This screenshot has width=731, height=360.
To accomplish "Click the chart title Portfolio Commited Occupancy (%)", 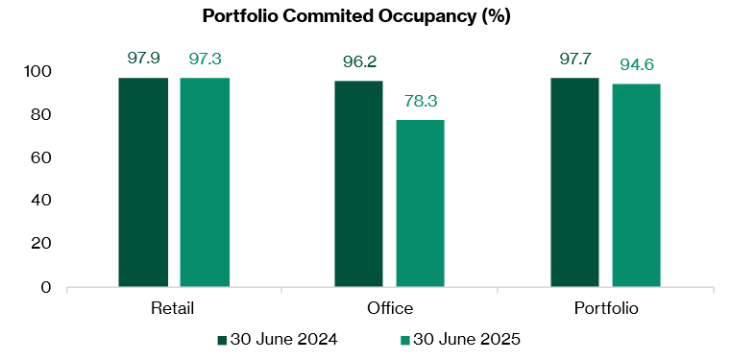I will click(365, 16).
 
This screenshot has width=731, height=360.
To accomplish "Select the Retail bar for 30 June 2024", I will click(143, 182).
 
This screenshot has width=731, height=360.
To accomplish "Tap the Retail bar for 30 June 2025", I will click(204, 182).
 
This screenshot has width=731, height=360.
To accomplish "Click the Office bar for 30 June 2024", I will click(359, 184).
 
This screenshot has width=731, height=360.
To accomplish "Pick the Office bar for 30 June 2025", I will click(420, 204).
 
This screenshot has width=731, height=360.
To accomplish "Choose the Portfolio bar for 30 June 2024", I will click(574, 182).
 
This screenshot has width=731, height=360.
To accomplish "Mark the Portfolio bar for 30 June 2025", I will click(636, 185).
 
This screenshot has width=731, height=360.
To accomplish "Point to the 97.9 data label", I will click(144, 59).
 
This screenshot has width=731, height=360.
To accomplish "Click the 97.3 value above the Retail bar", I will click(205, 60).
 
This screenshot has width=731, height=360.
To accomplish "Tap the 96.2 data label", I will click(359, 62).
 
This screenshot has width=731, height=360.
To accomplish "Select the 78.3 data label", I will click(421, 101).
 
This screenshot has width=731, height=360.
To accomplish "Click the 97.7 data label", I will click(575, 60).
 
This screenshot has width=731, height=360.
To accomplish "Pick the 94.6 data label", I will click(637, 65).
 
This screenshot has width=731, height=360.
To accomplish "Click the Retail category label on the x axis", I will click(173, 308).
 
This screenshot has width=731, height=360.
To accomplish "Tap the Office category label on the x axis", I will click(389, 308).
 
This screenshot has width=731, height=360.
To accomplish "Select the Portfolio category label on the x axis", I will click(605, 308).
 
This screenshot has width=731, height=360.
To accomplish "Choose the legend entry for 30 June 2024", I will click(278, 339).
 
